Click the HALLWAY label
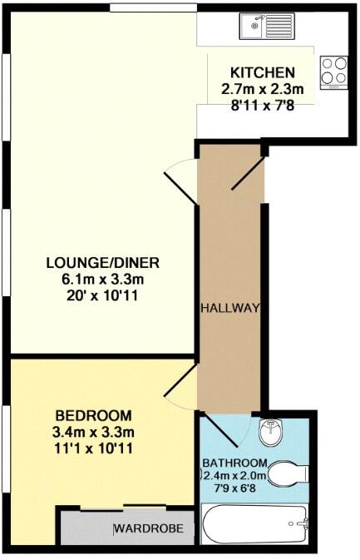point(230,308)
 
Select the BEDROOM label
point(93,415)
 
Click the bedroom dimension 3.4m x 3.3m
point(93,432)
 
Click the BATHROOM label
point(236,463)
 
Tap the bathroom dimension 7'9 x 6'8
point(236,488)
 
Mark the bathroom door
point(218,431)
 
